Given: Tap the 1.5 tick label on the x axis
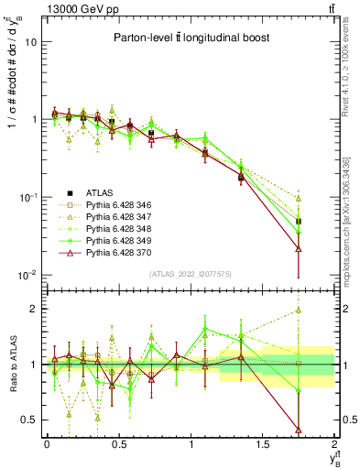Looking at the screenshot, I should pos(263,445).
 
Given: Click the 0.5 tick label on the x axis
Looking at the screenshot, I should pos(118,445).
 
